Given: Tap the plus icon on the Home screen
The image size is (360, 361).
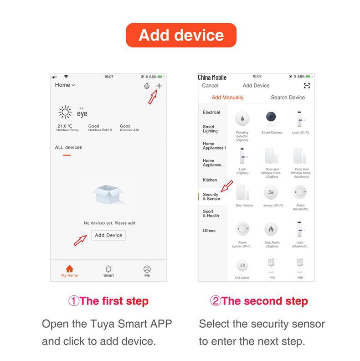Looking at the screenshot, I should coord(159,86).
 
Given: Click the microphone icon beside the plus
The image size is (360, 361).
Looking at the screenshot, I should coord(147,86).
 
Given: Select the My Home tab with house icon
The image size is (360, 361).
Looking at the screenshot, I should coord(69,271).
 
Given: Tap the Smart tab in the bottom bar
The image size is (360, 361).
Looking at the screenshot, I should coord(108,271).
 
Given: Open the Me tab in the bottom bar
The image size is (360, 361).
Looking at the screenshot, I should coord(147,271).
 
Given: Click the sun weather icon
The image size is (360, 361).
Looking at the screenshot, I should coord(65,112).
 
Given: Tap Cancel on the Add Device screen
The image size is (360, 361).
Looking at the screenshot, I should coord(210,86).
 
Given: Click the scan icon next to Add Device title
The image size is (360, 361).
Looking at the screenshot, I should coord(307,86).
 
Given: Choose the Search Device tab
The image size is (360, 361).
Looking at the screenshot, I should coord(288,98).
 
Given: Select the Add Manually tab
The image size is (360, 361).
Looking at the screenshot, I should coord(227,98).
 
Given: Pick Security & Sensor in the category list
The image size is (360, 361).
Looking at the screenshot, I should coord(211,196).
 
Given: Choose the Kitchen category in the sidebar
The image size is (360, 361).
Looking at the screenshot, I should coord(210,180).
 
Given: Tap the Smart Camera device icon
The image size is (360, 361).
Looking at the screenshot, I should coord(272,119).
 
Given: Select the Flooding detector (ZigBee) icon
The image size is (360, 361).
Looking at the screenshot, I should coord(242,119).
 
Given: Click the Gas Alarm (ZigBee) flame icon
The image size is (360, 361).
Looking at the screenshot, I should coord(272,229).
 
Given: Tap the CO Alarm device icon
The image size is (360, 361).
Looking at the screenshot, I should coord(242,266).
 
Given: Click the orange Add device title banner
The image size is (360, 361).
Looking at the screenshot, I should coord(181,36).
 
